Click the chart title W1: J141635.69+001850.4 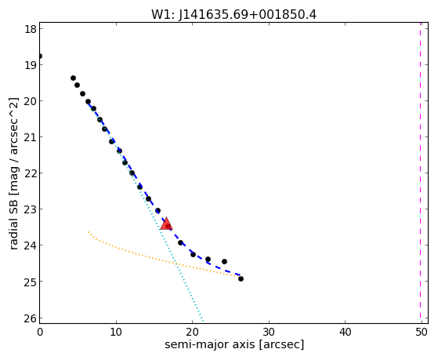[233, 14]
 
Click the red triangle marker [166, 224]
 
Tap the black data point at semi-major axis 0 [40, 56]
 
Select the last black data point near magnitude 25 [241, 279]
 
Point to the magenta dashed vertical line [420, 173]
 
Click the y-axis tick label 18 [31, 29]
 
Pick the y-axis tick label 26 [31, 318]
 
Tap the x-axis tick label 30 [269, 332]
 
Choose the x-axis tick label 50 [422, 332]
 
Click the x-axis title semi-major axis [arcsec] [234, 344]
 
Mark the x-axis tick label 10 [116, 332]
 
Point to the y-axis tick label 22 [31, 173]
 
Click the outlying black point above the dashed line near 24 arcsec [224, 261]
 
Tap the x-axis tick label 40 [345, 332]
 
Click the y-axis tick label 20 [31, 101]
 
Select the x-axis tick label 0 [40, 332]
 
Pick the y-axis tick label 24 [31, 245]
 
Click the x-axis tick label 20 [192, 332]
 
